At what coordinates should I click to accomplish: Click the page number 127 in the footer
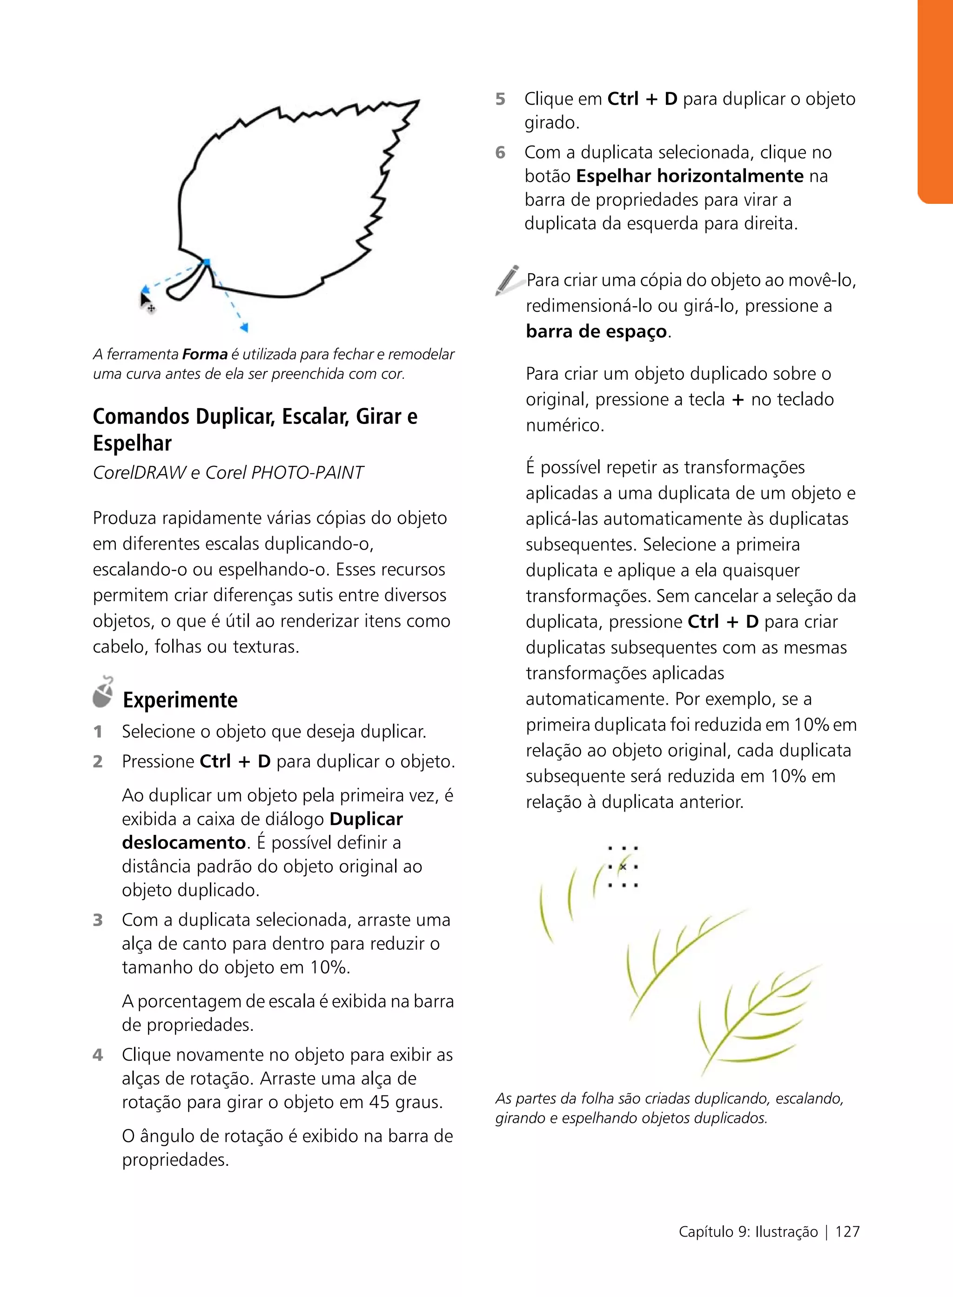(x=847, y=1231)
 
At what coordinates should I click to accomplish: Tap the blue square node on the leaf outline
(x=207, y=262)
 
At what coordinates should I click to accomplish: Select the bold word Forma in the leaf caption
(x=205, y=354)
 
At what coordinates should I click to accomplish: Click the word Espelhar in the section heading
(x=132, y=443)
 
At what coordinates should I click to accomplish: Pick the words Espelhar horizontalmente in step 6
(x=689, y=176)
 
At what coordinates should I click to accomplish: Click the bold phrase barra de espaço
(x=596, y=331)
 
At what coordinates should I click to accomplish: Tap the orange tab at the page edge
(x=935, y=101)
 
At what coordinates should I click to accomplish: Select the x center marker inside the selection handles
(x=623, y=867)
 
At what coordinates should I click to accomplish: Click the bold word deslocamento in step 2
(x=184, y=842)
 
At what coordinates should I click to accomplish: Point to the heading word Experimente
(x=180, y=700)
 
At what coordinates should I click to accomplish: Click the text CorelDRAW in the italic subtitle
(x=139, y=472)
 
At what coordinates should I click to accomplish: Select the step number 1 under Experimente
(x=98, y=732)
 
